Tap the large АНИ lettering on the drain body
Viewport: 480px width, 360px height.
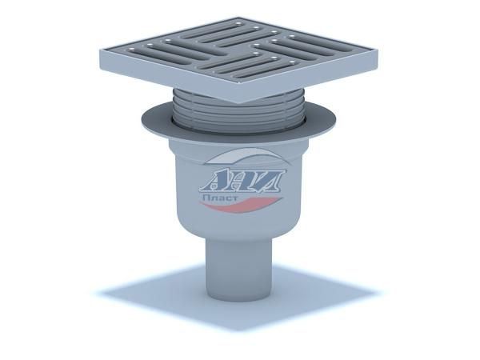[x=242, y=182]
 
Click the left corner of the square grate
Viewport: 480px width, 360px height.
[x=101, y=50]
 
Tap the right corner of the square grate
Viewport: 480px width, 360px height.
[x=378, y=49]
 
